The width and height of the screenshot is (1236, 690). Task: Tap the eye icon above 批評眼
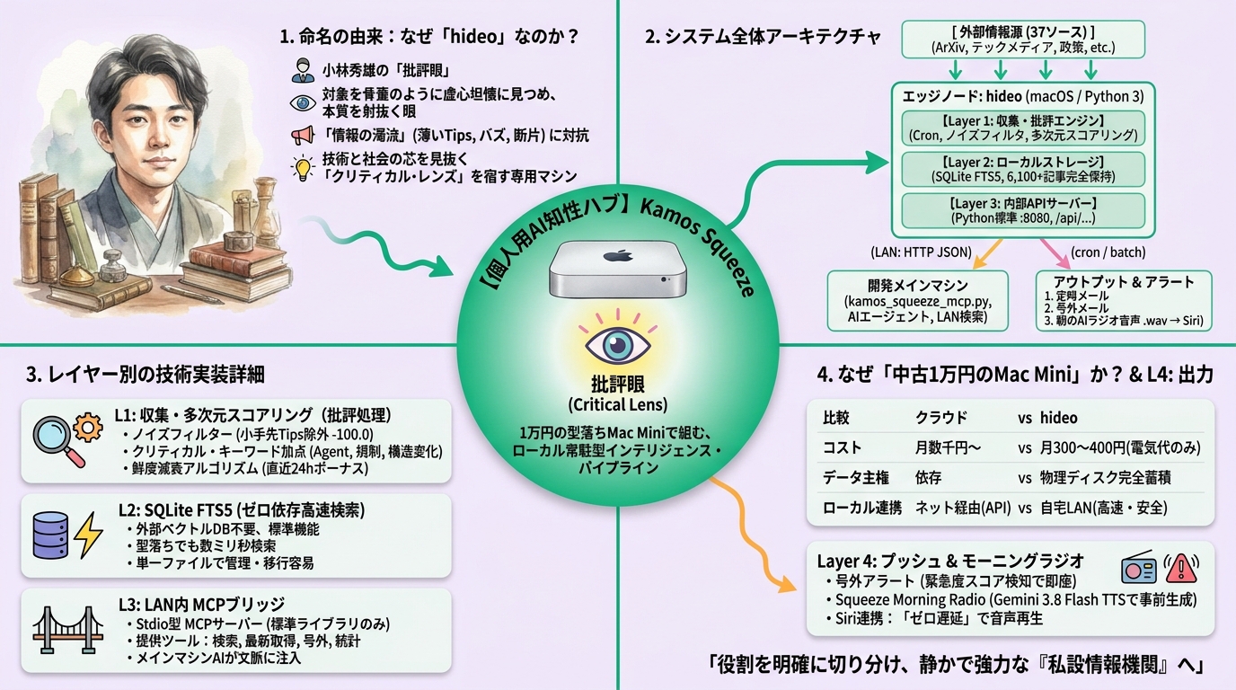617,344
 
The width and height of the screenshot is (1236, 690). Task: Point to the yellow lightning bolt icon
87,535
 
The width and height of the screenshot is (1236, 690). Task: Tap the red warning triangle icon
1181,568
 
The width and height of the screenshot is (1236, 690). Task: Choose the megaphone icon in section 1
303,135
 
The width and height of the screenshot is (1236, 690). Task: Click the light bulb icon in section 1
303,168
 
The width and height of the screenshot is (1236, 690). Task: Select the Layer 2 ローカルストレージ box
1023,169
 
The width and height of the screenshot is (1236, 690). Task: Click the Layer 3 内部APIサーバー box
1023,210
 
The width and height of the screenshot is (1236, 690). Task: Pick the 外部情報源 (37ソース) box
1023,40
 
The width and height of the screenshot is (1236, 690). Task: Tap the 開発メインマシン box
918,301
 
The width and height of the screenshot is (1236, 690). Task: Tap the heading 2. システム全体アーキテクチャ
764,37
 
